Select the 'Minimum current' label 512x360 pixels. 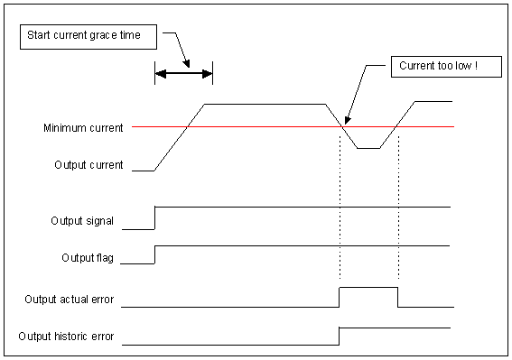83,128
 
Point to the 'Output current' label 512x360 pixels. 88,165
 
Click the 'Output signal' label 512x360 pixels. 83,220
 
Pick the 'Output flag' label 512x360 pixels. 87,258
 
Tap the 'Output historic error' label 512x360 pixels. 66,337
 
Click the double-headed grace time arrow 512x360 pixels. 183,75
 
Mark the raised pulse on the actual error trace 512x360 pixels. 368,288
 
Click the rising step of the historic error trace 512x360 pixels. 339,336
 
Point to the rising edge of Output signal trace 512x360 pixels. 154,217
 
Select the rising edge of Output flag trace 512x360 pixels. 154,254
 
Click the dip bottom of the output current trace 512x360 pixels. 368,148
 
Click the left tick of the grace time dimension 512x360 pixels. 154,75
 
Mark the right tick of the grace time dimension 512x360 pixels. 212,75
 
